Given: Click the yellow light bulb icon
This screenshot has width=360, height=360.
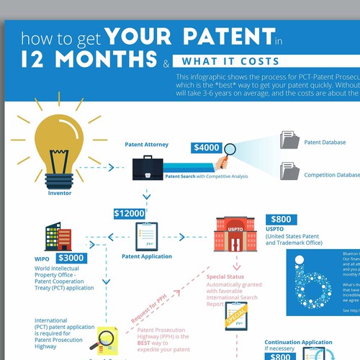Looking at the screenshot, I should pyautogui.click(x=59, y=148).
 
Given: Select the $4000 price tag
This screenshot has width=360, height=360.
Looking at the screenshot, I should pyautogui.click(x=207, y=148).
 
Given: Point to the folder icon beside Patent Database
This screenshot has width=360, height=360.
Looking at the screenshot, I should pyautogui.click(x=290, y=140).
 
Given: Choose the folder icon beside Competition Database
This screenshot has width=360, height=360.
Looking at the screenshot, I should pyautogui.click(x=290, y=171).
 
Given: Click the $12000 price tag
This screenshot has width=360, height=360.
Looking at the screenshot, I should pyautogui.click(x=130, y=213).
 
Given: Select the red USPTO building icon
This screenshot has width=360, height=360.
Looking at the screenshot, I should pyautogui.click(x=231, y=235).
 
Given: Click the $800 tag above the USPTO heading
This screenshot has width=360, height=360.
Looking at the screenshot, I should pyautogui.click(x=282, y=220).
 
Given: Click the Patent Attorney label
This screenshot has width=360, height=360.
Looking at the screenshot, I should pyautogui.click(x=146, y=145).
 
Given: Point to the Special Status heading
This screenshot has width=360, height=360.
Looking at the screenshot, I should pyautogui.click(x=226, y=276).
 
